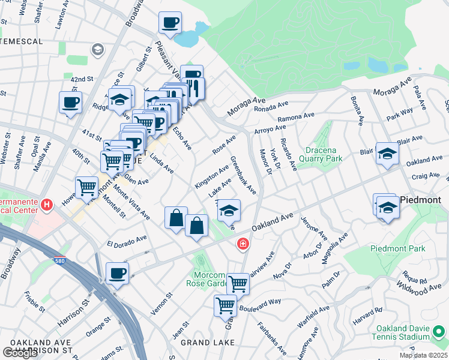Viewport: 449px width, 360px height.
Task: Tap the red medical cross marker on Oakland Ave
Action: (x=243, y=244)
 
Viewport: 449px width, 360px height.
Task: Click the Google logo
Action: (x=20, y=353)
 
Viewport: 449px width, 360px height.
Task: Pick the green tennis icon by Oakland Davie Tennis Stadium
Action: (x=440, y=331)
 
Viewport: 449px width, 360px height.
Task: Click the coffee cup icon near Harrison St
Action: (x=117, y=273)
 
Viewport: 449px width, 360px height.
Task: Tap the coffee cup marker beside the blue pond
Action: (x=170, y=23)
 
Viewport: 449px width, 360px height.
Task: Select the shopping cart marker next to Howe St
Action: (x=87, y=187)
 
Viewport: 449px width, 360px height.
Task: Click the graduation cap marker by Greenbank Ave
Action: (x=229, y=210)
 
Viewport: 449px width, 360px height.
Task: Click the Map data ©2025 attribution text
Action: (x=423, y=355)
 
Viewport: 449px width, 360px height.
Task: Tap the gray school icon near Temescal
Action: (x=97, y=49)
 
